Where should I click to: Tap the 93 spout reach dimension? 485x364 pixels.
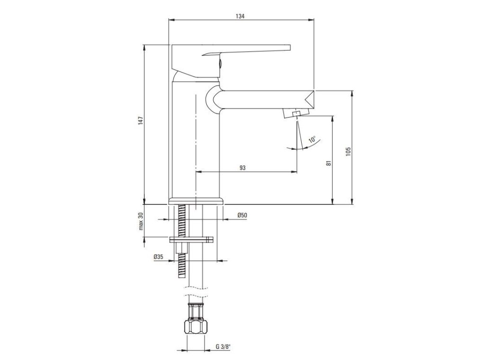(242, 167)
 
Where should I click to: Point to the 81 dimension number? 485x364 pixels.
(329, 163)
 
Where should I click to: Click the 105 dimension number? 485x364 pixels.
(348, 151)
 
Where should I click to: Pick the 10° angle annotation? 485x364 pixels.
(313, 140)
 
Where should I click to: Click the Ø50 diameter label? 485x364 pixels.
(242, 215)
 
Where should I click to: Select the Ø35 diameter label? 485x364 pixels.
(158, 256)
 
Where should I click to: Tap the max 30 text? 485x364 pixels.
(141, 221)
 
